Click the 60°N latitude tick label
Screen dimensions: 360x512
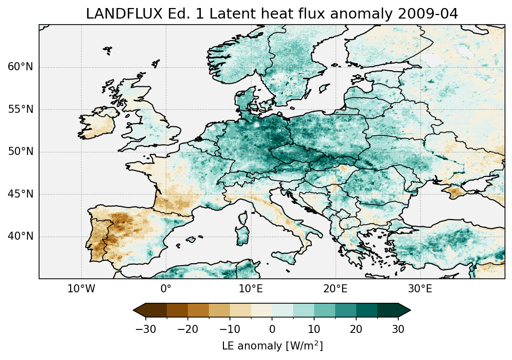click(21, 67)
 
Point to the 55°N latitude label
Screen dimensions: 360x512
click(21, 109)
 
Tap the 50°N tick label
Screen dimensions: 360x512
click(21, 152)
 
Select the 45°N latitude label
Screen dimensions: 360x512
click(21, 194)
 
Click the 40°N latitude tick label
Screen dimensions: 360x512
click(21, 236)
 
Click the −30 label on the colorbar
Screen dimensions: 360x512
click(145, 329)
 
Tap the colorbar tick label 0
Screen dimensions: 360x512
click(272, 329)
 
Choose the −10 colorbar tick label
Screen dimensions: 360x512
click(230, 329)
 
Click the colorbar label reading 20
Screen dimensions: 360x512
click(356, 329)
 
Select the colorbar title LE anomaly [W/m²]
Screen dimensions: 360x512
click(272, 346)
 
